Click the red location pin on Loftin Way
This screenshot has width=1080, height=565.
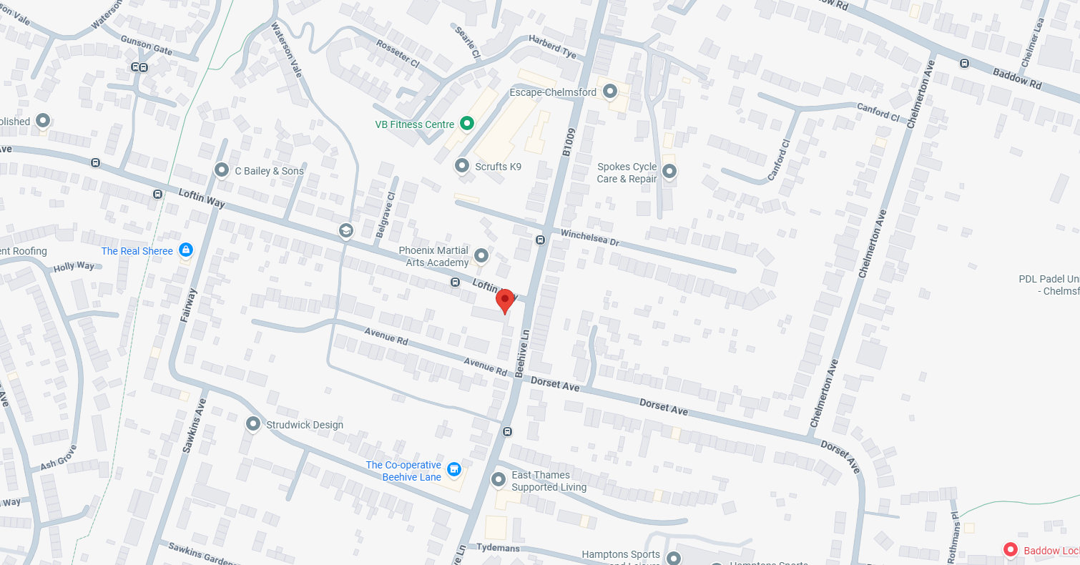(505, 300)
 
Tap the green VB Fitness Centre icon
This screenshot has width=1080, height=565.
(466, 124)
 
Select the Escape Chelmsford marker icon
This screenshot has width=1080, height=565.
(610, 92)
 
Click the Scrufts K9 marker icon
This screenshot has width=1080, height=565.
(461, 167)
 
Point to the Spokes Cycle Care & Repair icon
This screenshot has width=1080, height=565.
(669, 171)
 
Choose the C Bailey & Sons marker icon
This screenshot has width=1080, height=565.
(222, 170)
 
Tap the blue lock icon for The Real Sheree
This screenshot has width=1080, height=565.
(186, 250)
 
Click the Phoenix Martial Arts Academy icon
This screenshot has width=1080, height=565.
(481, 255)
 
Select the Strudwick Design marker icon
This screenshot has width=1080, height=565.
(252, 424)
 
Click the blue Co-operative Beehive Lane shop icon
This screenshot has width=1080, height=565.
(453, 469)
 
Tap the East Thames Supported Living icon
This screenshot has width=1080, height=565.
(499, 479)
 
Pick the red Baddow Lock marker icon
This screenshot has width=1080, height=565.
(1011, 550)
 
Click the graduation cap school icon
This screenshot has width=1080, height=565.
(346, 230)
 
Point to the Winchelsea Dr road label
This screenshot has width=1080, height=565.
(589, 237)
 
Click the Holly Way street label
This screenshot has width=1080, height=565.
(74, 267)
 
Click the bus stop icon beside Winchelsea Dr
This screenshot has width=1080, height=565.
(541, 240)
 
